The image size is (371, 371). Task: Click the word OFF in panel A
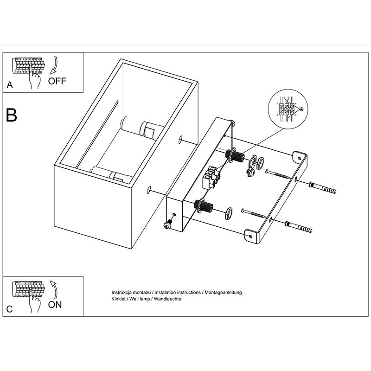[x=58, y=81]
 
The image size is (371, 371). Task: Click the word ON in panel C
[x=55, y=305]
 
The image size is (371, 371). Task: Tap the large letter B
[x=12, y=115]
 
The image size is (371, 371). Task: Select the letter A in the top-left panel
[x=9, y=85]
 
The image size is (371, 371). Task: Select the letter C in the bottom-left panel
[x=9, y=309]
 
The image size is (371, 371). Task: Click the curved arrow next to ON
[x=54, y=288]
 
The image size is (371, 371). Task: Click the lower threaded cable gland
[x=204, y=205]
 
